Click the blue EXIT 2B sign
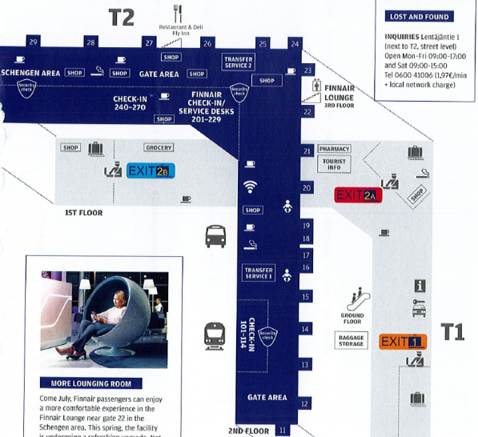[151, 170]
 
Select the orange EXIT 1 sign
[403, 342]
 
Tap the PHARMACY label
[334, 149]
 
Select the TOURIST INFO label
[334, 164]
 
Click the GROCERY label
[159, 147]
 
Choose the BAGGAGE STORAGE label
[351, 342]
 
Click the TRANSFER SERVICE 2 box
[239, 63]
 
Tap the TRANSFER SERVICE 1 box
[259, 274]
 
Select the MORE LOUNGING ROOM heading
[90, 383]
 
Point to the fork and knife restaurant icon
[179, 14]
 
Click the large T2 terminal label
[121, 18]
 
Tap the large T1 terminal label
[453, 331]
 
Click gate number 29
[32, 42]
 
